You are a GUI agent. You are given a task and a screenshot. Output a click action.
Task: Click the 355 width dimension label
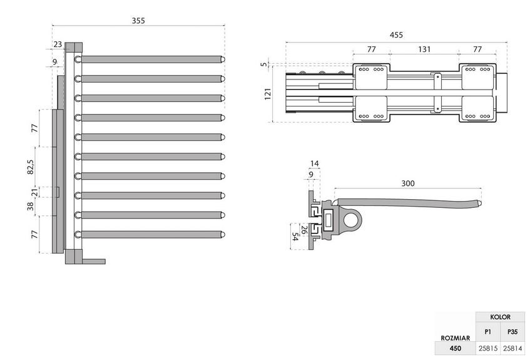pyautogui.click(x=138, y=21)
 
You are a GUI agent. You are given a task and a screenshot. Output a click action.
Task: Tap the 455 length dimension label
pyautogui.click(x=396, y=35)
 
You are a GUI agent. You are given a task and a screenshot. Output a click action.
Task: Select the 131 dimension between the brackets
pyautogui.click(x=424, y=49)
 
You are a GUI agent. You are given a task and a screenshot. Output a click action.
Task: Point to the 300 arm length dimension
pyautogui.click(x=407, y=183)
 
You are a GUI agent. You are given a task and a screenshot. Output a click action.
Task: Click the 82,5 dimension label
pyautogui.click(x=31, y=167)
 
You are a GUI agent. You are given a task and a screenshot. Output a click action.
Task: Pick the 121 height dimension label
pyautogui.click(x=268, y=94)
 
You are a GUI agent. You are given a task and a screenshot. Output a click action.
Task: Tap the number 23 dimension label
pyautogui.click(x=58, y=44)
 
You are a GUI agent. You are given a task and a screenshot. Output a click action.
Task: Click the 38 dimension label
pyautogui.click(x=31, y=206)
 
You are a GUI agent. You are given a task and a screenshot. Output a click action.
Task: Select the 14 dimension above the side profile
pyautogui.click(x=314, y=163)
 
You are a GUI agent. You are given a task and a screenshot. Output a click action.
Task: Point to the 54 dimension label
pyautogui.click(x=295, y=237)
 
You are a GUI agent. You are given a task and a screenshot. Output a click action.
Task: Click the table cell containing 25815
pyautogui.click(x=487, y=348)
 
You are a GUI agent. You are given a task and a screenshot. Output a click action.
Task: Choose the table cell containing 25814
pyautogui.click(x=512, y=348)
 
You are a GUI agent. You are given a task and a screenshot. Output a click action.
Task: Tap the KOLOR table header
pyautogui.click(x=500, y=317)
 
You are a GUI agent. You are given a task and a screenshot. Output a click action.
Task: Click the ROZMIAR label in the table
pyautogui.click(x=456, y=337)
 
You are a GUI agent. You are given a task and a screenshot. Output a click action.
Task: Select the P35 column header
pyautogui.click(x=512, y=332)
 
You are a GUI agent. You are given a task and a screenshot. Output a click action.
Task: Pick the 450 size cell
pyautogui.click(x=456, y=348)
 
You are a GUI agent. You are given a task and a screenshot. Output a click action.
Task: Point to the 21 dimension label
pyautogui.click(x=34, y=192)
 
